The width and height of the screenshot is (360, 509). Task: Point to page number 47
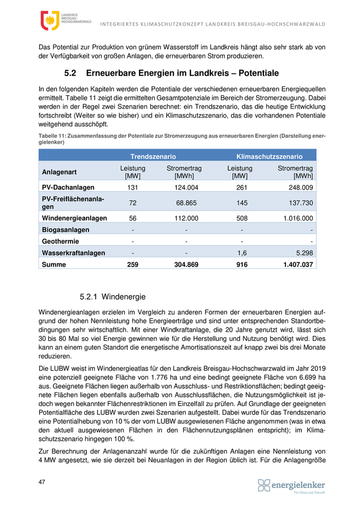coord(42,482)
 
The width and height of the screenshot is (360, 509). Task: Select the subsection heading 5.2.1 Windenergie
coord(113,297)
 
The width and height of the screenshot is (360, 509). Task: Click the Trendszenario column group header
coord(153,156)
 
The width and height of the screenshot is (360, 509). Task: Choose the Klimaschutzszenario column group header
coord(269,156)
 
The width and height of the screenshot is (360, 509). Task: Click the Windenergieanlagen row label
coord(74,218)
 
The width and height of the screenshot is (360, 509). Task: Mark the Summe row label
coord(55,265)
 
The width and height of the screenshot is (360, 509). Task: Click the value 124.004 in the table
coord(186,188)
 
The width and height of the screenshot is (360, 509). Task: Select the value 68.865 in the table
coord(186,203)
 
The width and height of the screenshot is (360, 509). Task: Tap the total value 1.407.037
coord(298,265)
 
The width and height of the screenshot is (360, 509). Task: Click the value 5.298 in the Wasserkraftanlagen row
coord(303,253)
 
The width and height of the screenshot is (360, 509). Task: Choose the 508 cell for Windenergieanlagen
coord(242,218)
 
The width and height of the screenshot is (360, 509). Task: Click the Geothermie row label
coord(60,241)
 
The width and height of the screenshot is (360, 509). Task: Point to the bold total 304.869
coord(186,265)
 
